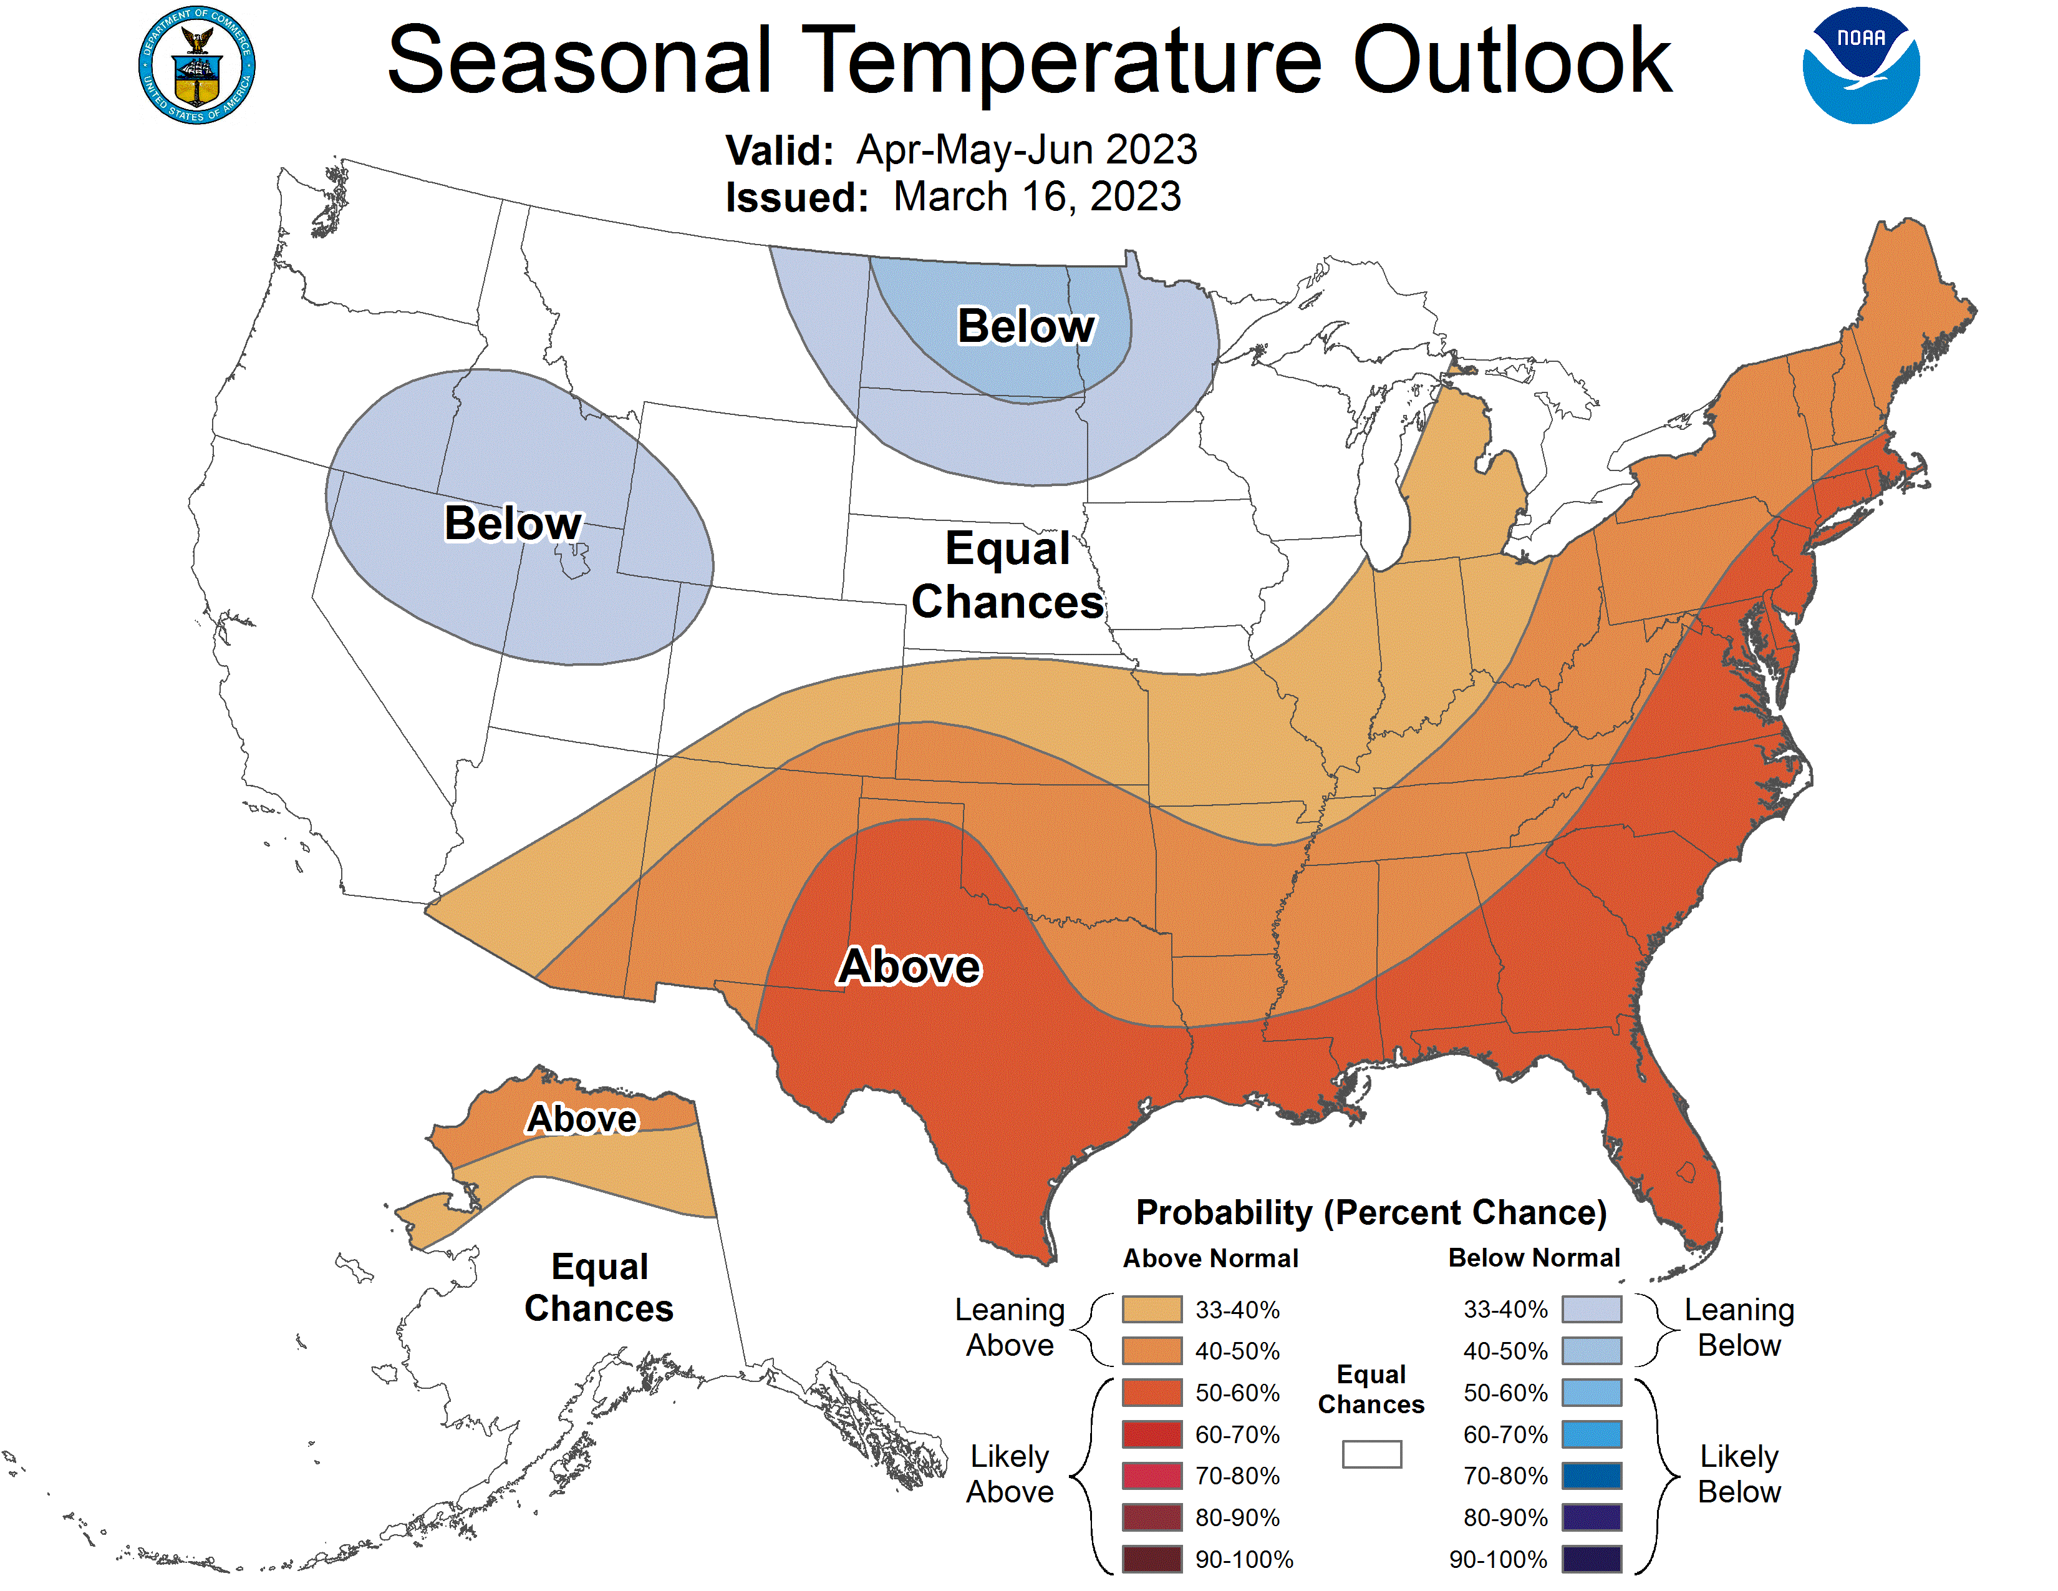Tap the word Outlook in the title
coord(1512,61)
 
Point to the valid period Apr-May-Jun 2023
coord(1026,150)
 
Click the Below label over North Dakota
coord(1026,326)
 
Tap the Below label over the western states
coord(513,523)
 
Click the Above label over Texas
coord(909,966)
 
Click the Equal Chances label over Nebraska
coord(1007,575)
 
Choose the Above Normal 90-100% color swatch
coord(1151,1560)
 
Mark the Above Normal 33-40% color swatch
coord(1151,1309)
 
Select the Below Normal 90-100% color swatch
coord(1592,1560)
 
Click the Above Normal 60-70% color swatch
coord(1151,1434)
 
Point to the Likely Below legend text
coord(1739,1474)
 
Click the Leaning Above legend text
coord(1009,1327)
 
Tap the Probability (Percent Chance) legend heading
coord(1371,1212)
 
